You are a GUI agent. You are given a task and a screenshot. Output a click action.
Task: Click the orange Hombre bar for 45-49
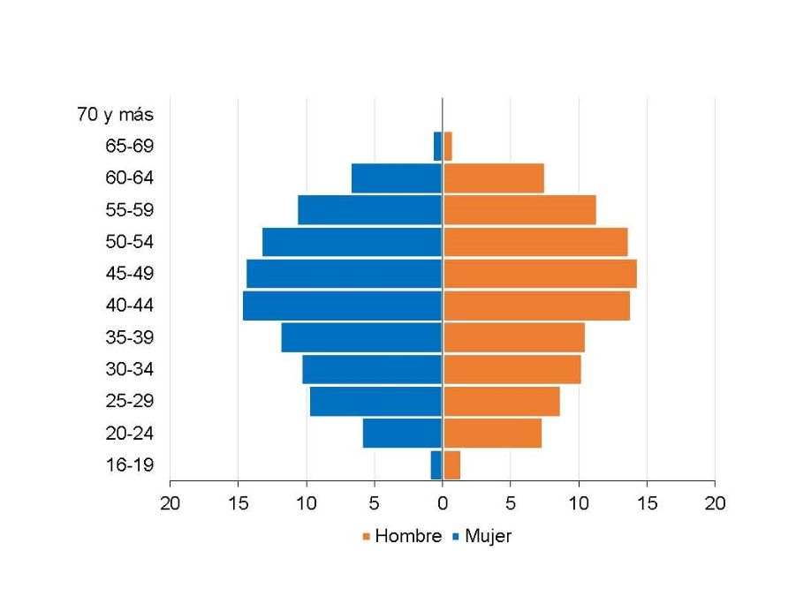pos(539,274)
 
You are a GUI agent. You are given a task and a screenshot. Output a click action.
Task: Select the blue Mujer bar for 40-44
pos(343,306)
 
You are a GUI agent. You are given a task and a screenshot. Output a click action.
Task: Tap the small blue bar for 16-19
pos(436,465)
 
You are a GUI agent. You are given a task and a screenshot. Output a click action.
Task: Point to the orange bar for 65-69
pos(447,147)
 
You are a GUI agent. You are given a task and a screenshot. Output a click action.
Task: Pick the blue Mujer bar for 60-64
pos(397,178)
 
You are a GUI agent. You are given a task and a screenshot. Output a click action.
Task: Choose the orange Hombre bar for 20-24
pos(492,434)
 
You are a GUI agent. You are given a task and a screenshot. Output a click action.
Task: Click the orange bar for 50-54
pos(534,242)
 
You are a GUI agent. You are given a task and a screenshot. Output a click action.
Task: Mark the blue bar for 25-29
pos(375,402)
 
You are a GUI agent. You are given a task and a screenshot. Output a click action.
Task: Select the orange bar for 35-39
pos(513,337)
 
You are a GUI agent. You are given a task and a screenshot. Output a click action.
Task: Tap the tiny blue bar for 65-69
pos(437,147)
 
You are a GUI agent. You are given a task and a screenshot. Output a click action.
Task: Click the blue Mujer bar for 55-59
pos(369,210)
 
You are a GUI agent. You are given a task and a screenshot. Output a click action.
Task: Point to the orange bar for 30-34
pos(512,369)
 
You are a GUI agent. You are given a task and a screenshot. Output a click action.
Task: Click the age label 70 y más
pos(115,115)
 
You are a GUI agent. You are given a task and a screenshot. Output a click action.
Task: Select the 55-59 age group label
pos(129,210)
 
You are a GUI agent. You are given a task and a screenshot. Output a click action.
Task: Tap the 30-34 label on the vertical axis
pos(129,369)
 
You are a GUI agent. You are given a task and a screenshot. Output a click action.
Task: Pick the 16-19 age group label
pos(129,465)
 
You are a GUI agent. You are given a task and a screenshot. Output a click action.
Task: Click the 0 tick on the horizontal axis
pos(442,502)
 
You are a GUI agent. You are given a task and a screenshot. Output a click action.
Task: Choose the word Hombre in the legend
pos(407,536)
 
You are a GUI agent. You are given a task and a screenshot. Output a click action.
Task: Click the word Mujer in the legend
pos(488,536)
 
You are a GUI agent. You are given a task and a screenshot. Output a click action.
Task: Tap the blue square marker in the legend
pos(456,537)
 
